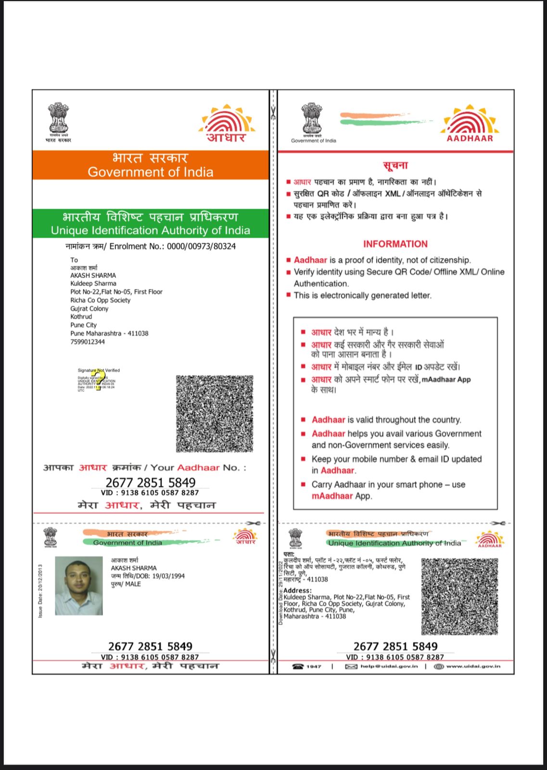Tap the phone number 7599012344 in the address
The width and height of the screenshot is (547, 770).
[x=88, y=342]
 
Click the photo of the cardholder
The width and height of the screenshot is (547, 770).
[x=79, y=586]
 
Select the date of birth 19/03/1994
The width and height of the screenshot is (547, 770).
[x=168, y=576]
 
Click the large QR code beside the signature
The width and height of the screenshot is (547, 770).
[x=215, y=414]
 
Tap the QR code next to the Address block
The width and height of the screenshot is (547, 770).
[x=459, y=596]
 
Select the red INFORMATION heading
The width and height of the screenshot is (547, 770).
[x=395, y=244]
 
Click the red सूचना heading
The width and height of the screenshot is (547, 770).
[x=395, y=166]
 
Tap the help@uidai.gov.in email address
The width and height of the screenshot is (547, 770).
[x=389, y=667]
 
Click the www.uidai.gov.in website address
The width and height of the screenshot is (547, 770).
[x=473, y=667]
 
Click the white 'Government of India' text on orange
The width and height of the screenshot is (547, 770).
[x=150, y=172]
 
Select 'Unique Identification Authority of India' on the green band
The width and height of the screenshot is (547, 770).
[x=150, y=231]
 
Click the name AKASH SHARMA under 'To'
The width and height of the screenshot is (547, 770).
[x=93, y=275]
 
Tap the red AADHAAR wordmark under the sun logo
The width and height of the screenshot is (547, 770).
[x=470, y=139]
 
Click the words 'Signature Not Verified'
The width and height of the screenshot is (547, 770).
[x=99, y=370]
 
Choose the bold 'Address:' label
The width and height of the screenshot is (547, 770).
[x=297, y=590]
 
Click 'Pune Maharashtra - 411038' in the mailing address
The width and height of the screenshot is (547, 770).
[x=109, y=334]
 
